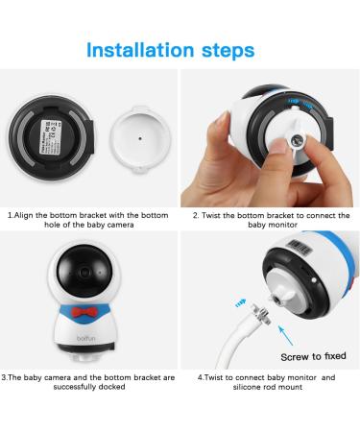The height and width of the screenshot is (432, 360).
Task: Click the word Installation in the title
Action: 140,50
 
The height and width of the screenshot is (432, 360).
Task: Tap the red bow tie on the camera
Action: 84,312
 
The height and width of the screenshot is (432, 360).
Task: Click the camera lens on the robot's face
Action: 84,273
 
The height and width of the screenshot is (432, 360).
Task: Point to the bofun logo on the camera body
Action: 85,338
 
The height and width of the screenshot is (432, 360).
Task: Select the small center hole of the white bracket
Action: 140,138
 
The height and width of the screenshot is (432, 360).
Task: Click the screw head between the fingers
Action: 298,140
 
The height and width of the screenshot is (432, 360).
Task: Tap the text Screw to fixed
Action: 313,356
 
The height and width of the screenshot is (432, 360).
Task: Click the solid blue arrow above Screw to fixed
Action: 286,336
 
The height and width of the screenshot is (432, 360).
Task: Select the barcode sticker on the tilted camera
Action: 299,248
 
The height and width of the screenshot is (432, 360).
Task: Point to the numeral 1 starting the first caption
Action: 10,215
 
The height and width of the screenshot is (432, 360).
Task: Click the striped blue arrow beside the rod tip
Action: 240,303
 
